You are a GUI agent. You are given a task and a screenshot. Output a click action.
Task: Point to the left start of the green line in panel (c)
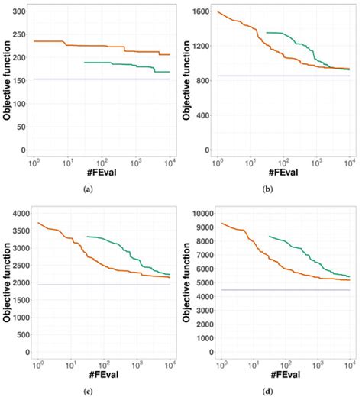87,237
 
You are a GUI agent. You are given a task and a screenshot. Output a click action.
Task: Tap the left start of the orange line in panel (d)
221,224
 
